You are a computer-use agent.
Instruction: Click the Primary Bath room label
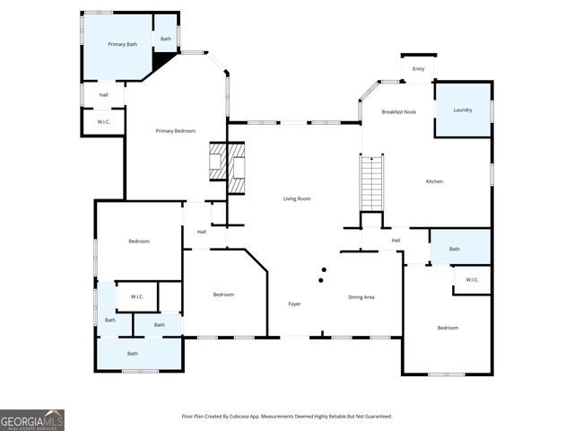click(x=123, y=44)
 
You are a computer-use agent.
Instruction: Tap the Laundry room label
click(x=463, y=110)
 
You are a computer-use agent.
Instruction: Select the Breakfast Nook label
click(x=398, y=111)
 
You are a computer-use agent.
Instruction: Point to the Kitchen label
click(x=434, y=181)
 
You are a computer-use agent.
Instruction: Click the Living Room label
click(x=297, y=198)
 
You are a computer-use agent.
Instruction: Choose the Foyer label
click(x=294, y=304)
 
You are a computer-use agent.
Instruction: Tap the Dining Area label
click(x=361, y=296)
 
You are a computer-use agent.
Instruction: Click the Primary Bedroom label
click(x=175, y=131)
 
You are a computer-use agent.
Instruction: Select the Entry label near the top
click(x=418, y=69)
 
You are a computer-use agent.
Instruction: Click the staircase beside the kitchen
click(x=372, y=182)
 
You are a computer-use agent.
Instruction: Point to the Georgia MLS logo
click(x=32, y=420)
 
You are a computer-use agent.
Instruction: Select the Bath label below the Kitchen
click(x=455, y=249)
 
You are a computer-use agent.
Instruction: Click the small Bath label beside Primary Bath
click(x=166, y=39)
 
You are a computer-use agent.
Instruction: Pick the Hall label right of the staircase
click(x=396, y=240)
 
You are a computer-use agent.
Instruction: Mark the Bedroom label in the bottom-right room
click(x=448, y=328)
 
